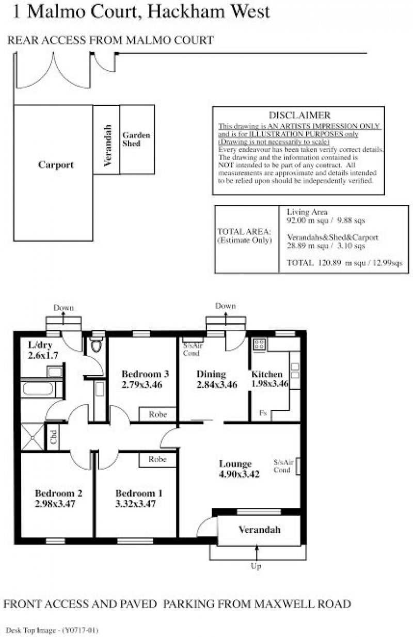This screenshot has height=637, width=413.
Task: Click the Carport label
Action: [56, 165]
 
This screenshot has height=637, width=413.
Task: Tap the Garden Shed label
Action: [136, 139]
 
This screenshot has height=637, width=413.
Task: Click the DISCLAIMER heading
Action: [299, 115]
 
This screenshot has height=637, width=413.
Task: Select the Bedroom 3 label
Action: [145, 374]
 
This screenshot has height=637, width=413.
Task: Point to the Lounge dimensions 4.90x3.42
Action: [239, 474]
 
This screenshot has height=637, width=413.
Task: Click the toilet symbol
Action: [97, 345]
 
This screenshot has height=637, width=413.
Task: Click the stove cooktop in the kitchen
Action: [259, 344]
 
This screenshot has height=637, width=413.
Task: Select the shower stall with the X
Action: [33, 437]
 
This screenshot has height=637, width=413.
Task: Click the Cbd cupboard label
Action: [54, 437]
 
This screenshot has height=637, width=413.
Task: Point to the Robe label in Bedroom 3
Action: [158, 415]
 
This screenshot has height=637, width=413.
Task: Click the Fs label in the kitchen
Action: [263, 412]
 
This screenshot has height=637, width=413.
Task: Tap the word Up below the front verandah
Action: [256, 572]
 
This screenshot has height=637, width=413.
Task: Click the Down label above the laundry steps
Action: [63, 308]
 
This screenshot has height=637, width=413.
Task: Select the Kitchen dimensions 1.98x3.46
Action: [269, 384]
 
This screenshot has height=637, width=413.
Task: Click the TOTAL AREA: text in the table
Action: [244, 231]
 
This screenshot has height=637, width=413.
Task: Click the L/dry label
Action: [40, 345]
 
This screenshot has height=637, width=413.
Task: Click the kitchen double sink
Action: [295, 371]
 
